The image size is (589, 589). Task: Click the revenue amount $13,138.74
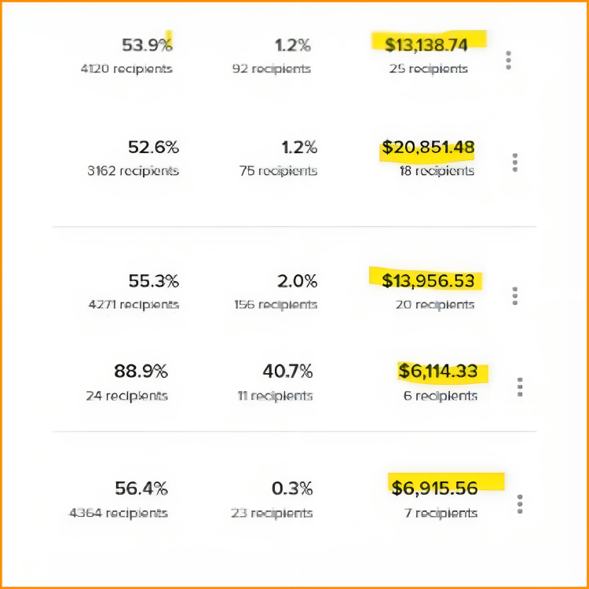tap(426, 45)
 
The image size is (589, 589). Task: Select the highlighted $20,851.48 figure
tap(428, 147)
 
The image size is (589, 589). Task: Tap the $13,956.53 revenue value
tap(428, 280)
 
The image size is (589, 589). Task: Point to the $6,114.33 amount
tap(437, 371)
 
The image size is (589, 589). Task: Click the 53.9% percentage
tap(147, 45)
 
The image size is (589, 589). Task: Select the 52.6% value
tap(153, 147)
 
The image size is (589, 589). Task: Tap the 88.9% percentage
tap(141, 371)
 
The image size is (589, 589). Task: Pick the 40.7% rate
tap(287, 371)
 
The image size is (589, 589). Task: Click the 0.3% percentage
tap(292, 488)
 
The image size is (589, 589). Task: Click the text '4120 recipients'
tap(126, 68)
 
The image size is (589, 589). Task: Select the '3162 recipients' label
tap(133, 170)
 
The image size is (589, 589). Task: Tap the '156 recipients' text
tap(276, 305)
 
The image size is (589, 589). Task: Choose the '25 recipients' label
tap(428, 68)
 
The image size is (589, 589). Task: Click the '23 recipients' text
tap(272, 513)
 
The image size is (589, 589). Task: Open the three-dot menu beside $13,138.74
tap(509, 60)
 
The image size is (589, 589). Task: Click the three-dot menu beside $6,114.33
tap(520, 386)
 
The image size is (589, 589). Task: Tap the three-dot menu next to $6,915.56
tap(520, 503)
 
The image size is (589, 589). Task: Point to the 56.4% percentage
tap(141, 488)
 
